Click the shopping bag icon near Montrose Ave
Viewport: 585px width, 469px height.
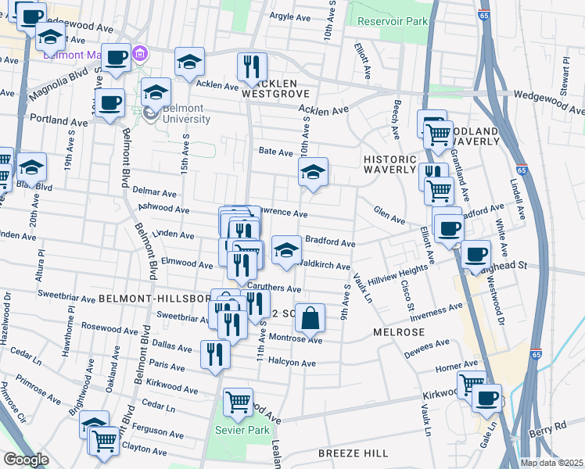click(x=310, y=317)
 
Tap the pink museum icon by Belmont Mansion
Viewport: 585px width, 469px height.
click(x=141, y=54)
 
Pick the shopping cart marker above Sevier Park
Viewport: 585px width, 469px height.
click(x=238, y=403)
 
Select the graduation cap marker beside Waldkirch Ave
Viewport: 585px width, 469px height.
click(x=286, y=250)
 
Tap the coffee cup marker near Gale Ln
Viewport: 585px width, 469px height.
click(x=487, y=398)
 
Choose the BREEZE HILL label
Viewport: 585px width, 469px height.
click(x=354, y=453)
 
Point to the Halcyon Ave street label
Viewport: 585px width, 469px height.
click(x=292, y=363)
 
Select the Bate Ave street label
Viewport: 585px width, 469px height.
click(x=275, y=152)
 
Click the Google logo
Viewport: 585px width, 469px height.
click(x=26, y=460)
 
